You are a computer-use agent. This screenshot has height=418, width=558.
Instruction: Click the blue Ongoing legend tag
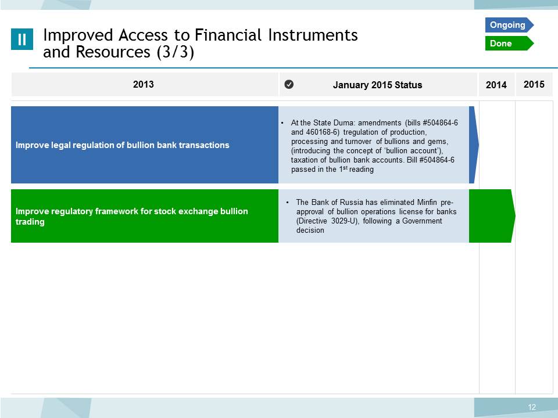(509, 25)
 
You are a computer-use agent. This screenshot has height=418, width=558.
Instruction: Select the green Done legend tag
(509, 44)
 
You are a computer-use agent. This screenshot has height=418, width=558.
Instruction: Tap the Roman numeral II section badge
(22, 39)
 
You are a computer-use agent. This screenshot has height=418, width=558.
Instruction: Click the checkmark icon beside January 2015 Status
(289, 84)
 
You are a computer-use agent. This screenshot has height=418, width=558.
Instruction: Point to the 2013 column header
(144, 84)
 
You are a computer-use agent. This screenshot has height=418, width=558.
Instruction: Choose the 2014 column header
(496, 85)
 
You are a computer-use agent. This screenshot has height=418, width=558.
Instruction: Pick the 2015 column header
(534, 84)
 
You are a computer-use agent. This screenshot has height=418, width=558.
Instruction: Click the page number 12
(532, 407)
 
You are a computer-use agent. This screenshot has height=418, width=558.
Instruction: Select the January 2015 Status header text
(378, 85)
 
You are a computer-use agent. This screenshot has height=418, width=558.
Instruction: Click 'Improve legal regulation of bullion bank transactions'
(123, 145)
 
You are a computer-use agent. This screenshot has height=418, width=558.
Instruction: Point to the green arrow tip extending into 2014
(515, 215)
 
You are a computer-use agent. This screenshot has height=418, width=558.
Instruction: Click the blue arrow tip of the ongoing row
(478, 145)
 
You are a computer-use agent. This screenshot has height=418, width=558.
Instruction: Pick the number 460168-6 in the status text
(323, 132)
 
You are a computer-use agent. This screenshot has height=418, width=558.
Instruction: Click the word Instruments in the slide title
(313, 35)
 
